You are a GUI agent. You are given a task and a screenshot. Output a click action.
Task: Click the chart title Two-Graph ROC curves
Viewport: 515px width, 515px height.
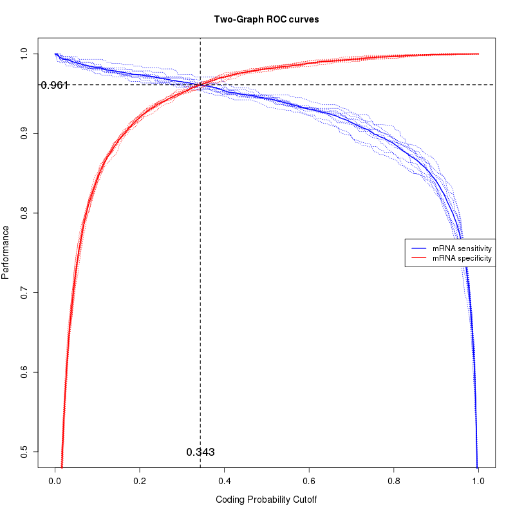click(x=267, y=19)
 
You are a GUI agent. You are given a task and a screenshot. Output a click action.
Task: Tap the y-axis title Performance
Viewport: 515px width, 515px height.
click(x=6, y=252)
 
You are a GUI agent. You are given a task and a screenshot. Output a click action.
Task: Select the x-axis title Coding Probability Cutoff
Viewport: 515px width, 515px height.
click(x=267, y=500)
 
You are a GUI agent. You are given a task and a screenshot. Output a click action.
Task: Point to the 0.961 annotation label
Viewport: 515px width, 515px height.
click(x=54, y=85)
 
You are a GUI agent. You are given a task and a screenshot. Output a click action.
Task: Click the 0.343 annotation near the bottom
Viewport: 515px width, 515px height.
click(x=200, y=453)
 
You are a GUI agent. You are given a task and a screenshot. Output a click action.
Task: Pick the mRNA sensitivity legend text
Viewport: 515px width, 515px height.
click(x=462, y=248)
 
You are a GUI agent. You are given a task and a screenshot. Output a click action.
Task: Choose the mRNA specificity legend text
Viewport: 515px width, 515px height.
click(x=462, y=258)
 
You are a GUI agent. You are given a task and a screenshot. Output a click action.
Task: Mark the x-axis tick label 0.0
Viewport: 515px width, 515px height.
click(x=55, y=480)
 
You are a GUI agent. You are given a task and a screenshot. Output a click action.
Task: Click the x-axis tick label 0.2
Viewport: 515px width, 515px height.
click(x=140, y=480)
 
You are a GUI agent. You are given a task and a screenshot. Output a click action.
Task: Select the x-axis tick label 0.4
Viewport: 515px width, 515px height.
click(x=225, y=480)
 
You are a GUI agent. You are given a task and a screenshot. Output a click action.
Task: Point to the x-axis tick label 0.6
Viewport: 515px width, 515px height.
click(x=309, y=480)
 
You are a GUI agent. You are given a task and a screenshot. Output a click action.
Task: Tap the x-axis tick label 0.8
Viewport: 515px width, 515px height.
click(x=394, y=480)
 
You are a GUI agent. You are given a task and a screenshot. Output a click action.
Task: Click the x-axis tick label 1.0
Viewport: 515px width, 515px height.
click(x=478, y=480)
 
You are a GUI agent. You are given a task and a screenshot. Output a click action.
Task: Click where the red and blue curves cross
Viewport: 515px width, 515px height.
click(x=200, y=85)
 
